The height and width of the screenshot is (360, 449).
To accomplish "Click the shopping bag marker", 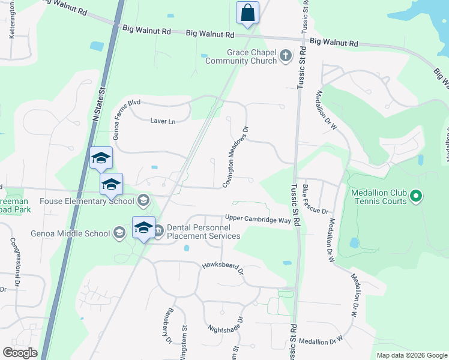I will click(x=247, y=13).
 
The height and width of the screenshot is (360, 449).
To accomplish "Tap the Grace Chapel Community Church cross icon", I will click(x=286, y=57).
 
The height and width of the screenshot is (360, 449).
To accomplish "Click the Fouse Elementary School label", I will click(x=86, y=200).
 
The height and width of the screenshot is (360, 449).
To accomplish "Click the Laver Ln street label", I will click(x=163, y=121).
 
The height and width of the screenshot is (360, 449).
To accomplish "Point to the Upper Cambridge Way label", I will click(x=258, y=220).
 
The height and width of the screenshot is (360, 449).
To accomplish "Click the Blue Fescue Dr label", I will click(x=315, y=199).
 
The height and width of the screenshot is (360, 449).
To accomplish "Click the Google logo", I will click(x=20, y=353).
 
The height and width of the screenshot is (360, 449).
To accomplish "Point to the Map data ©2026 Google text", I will click(x=411, y=355).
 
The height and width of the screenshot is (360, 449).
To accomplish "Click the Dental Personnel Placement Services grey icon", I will click(x=159, y=230).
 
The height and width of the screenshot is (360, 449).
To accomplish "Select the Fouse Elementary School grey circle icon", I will click(x=143, y=200).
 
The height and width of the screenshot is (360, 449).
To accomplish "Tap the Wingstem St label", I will click(x=185, y=342).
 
